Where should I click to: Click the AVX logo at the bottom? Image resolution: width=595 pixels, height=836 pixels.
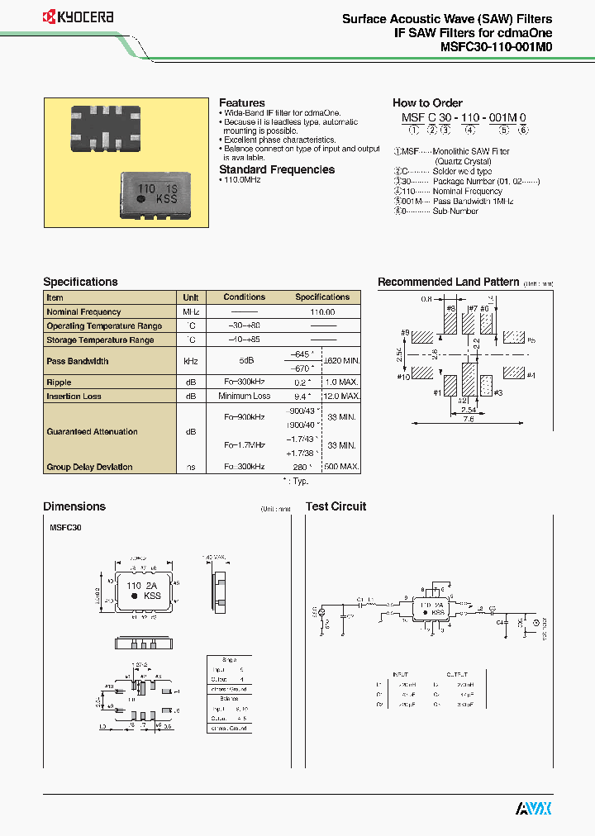(533, 809)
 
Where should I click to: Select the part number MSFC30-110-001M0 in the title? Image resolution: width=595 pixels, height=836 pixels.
(490, 47)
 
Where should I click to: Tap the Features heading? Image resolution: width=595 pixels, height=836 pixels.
(241, 103)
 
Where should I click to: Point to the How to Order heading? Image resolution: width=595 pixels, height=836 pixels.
(427, 103)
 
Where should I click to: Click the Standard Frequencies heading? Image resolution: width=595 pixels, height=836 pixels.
(277, 169)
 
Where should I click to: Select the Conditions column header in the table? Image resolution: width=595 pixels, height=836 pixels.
(245, 297)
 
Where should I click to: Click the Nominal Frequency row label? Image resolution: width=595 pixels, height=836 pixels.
(84, 312)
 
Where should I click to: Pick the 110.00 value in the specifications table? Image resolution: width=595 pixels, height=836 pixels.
(322, 312)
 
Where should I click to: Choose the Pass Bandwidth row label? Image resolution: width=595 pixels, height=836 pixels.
(78, 361)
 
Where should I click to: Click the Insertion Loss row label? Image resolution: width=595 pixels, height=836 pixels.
(74, 397)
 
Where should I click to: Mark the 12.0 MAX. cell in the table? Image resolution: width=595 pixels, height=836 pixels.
(340, 397)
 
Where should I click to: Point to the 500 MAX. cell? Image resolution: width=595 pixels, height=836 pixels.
(340, 467)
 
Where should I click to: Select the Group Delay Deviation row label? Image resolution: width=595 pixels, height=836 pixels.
(89, 467)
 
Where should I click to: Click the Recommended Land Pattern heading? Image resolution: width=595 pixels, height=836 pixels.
(448, 283)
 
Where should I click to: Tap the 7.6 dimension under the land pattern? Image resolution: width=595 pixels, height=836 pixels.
(467, 420)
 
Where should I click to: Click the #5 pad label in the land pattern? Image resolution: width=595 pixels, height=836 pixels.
(531, 340)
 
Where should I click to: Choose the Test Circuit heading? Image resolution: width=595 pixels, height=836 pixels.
(336, 506)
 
